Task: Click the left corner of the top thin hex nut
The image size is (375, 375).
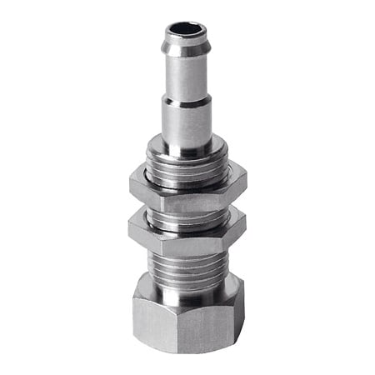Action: pyautogui.click(x=132, y=185)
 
